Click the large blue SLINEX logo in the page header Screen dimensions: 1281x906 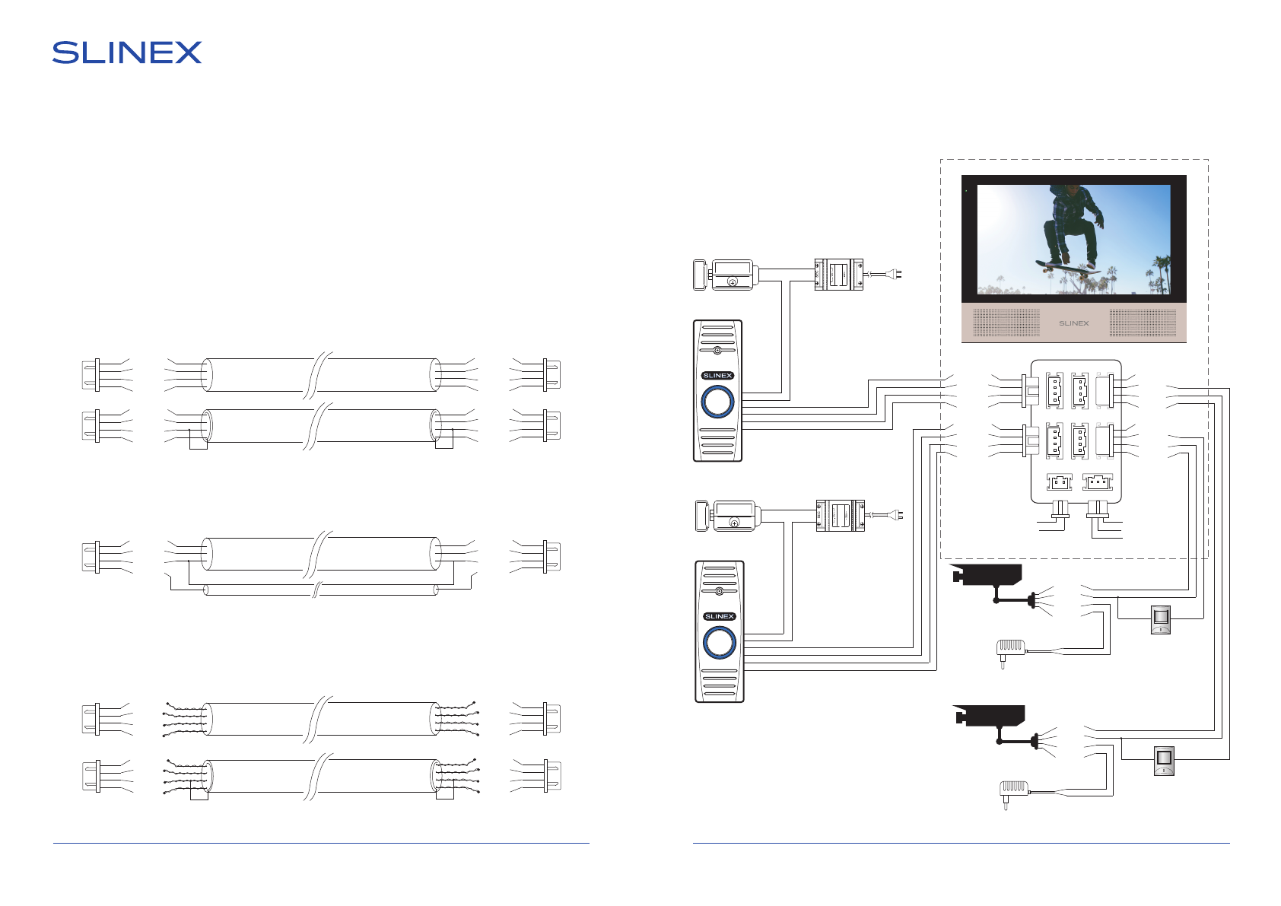[126, 52]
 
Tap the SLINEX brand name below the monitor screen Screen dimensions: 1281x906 [1073, 323]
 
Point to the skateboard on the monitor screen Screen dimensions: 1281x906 [1060, 267]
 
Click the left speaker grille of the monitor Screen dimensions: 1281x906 [1006, 323]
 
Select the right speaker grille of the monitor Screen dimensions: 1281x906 [1143, 323]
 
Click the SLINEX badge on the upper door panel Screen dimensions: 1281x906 [717, 375]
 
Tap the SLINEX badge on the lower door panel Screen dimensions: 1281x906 [720, 616]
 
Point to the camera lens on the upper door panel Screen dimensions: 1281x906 [717, 350]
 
